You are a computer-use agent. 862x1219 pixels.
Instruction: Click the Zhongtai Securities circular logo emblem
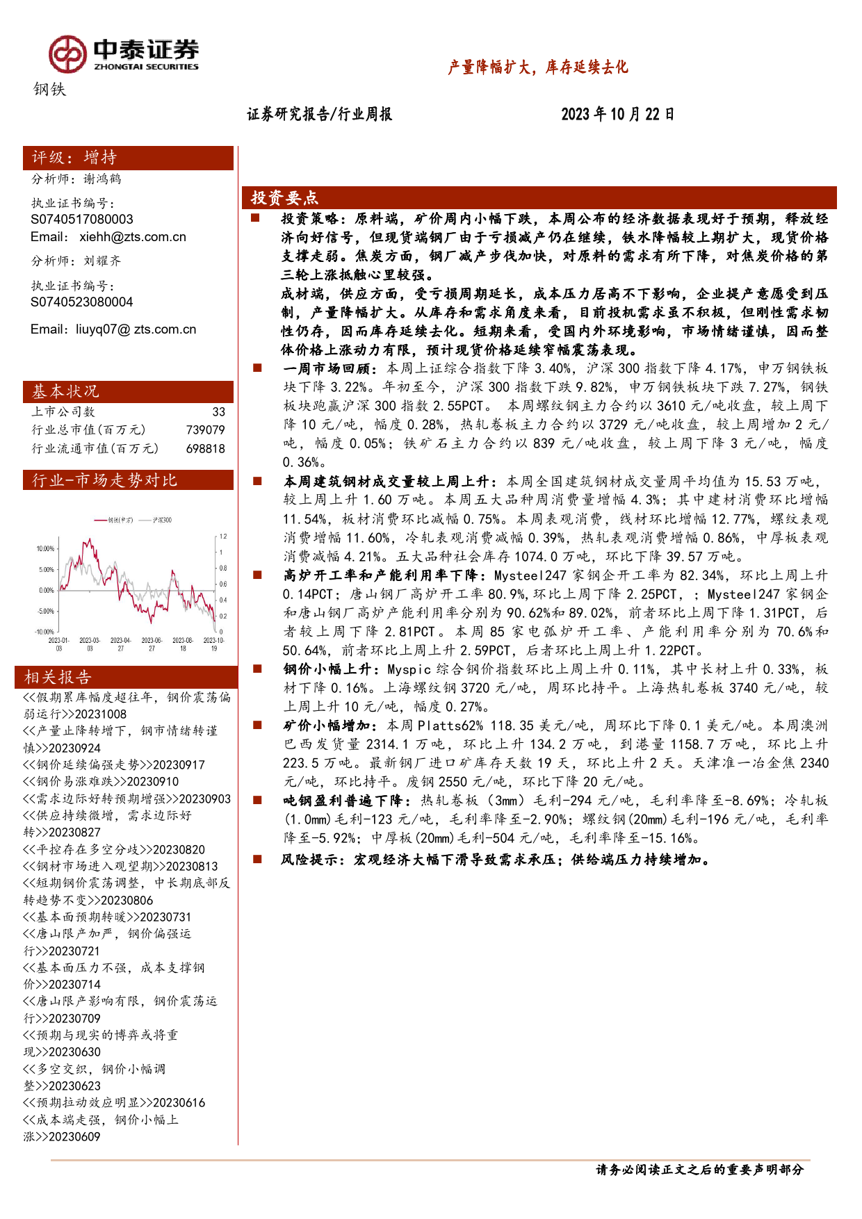67,54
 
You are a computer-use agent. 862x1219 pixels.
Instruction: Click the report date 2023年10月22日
617,115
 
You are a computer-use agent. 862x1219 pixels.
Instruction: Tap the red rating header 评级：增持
128,158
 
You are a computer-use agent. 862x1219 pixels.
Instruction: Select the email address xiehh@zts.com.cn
132,237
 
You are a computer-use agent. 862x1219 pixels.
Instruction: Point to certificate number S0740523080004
81,302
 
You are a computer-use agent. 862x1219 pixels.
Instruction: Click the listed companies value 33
218,412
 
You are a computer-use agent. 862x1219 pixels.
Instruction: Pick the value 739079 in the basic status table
205,430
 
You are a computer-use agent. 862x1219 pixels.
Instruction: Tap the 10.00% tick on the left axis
45,549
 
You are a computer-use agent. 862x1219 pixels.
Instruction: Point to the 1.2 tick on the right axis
223,537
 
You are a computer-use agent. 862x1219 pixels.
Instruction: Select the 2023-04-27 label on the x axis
121,644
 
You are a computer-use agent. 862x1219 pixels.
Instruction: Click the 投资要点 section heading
284,198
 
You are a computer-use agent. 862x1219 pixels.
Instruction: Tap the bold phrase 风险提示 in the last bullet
312,860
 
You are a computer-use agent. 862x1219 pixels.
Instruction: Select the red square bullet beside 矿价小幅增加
257,725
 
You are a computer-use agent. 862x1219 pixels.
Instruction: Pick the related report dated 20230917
114,765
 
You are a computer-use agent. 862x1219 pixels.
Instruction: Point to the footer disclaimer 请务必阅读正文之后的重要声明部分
699,1170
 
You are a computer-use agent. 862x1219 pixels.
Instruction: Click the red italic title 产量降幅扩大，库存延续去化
537,67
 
